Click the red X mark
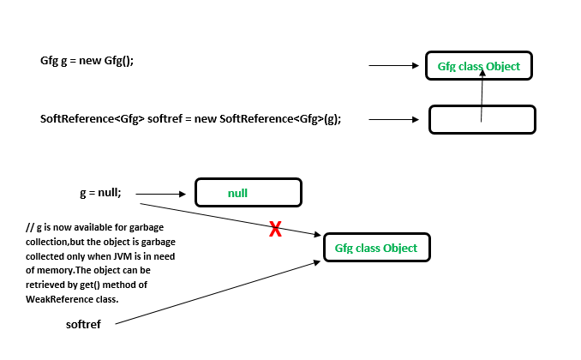276,229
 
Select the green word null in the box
237,193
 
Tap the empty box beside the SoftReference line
482,120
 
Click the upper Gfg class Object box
478,66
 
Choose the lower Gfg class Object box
376,248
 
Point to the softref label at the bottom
83,324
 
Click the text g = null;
100,194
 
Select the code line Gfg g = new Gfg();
87,61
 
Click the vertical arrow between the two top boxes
482,96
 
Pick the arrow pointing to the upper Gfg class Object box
392,65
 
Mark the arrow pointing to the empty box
394,119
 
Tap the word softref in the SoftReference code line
165,118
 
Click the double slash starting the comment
30,227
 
